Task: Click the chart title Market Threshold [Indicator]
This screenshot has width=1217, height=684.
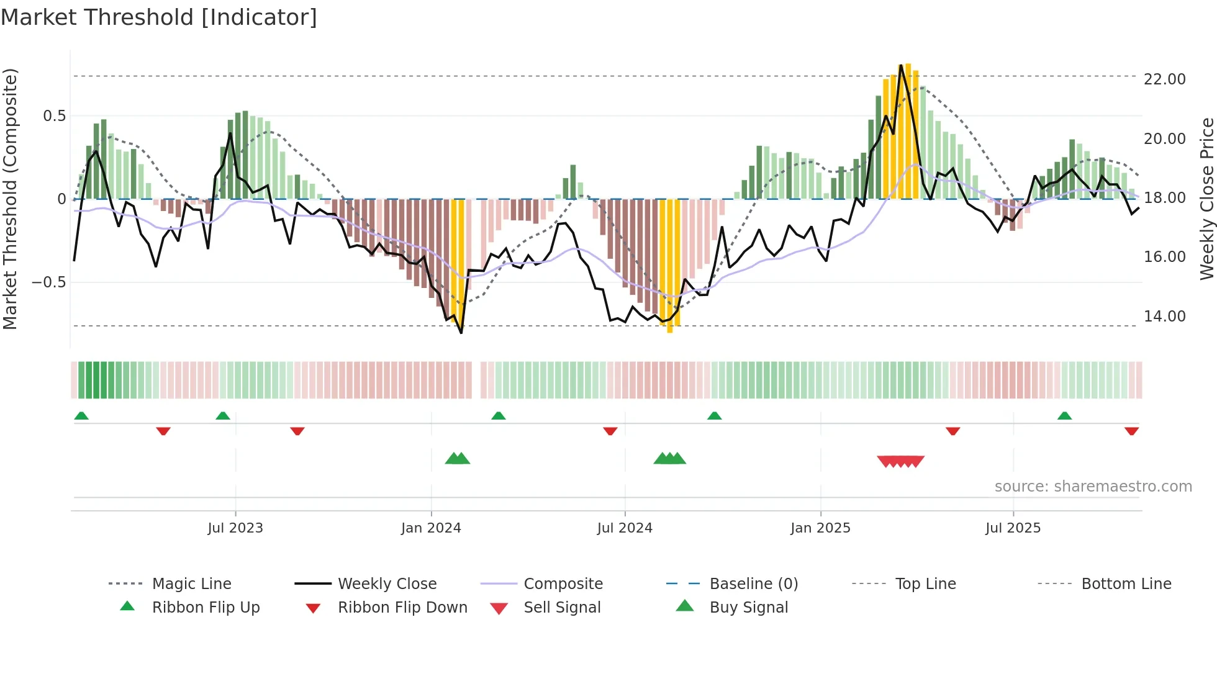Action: pos(159,17)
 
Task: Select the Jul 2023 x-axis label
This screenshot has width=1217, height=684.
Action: pos(235,528)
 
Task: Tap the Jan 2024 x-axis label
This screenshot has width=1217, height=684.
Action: pos(431,528)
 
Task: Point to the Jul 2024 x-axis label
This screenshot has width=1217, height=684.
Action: pos(625,528)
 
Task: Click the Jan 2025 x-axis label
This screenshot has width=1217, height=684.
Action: pos(820,528)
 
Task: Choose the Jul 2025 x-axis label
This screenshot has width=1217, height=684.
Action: pos(1013,528)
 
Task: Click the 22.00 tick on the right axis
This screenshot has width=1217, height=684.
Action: pos(1164,79)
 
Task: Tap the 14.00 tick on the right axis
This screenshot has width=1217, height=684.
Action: pos(1164,317)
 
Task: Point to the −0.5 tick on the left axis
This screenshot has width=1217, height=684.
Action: pos(48,282)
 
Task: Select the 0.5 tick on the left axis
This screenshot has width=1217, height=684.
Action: pos(55,116)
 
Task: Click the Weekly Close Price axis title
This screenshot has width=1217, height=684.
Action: pos(1206,199)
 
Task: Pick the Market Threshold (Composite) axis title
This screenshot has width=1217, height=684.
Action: pos(10,199)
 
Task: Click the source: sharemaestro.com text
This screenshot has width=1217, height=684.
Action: pos(1093,487)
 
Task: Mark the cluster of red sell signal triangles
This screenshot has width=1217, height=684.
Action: pos(900,461)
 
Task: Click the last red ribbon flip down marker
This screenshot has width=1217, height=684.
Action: pos(1131,431)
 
